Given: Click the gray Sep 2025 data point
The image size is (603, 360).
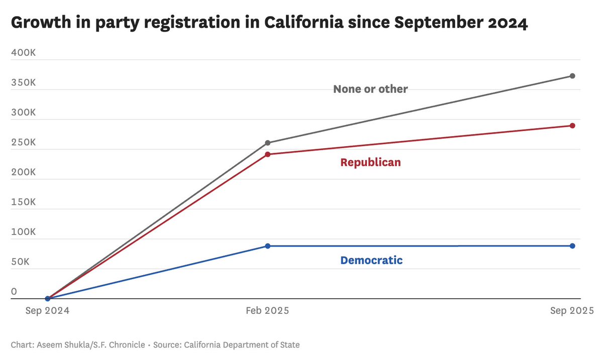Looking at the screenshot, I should pyautogui.click(x=572, y=76).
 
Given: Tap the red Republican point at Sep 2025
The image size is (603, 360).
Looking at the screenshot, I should pyautogui.click(x=572, y=126).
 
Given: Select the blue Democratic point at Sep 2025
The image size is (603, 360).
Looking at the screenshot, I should pyautogui.click(x=572, y=246).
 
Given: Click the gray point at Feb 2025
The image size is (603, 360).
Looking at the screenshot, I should pyautogui.click(x=267, y=143).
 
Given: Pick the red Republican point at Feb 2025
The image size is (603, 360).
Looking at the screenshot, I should pyautogui.click(x=267, y=154).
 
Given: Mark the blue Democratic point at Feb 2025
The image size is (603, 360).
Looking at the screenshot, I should pyautogui.click(x=267, y=246).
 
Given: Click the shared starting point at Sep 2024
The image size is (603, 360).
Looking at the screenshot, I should pyautogui.click(x=47, y=298).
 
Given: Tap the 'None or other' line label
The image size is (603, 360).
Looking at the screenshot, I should pyautogui.click(x=370, y=89).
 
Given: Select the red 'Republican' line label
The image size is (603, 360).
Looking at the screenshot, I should pyautogui.click(x=370, y=163).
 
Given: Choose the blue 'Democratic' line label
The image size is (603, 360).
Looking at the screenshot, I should pyautogui.click(x=371, y=261).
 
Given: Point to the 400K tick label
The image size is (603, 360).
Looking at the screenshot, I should pyautogui.click(x=23, y=53).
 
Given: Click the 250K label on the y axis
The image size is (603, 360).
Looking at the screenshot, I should pyautogui.click(x=23, y=143).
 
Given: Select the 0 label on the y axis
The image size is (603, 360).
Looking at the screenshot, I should pyautogui.click(x=14, y=291).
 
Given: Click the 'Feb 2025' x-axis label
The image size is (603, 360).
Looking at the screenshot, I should pyautogui.click(x=267, y=311).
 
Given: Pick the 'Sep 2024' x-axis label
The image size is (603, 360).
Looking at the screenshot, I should pyautogui.click(x=47, y=311).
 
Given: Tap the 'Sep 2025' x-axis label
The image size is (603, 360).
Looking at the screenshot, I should pyautogui.click(x=572, y=311).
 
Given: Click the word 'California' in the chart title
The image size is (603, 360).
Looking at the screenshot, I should pyautogui.click(x=303, y=23).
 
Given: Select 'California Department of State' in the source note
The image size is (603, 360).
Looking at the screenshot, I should pyautogui.click(x=242, y=345).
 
